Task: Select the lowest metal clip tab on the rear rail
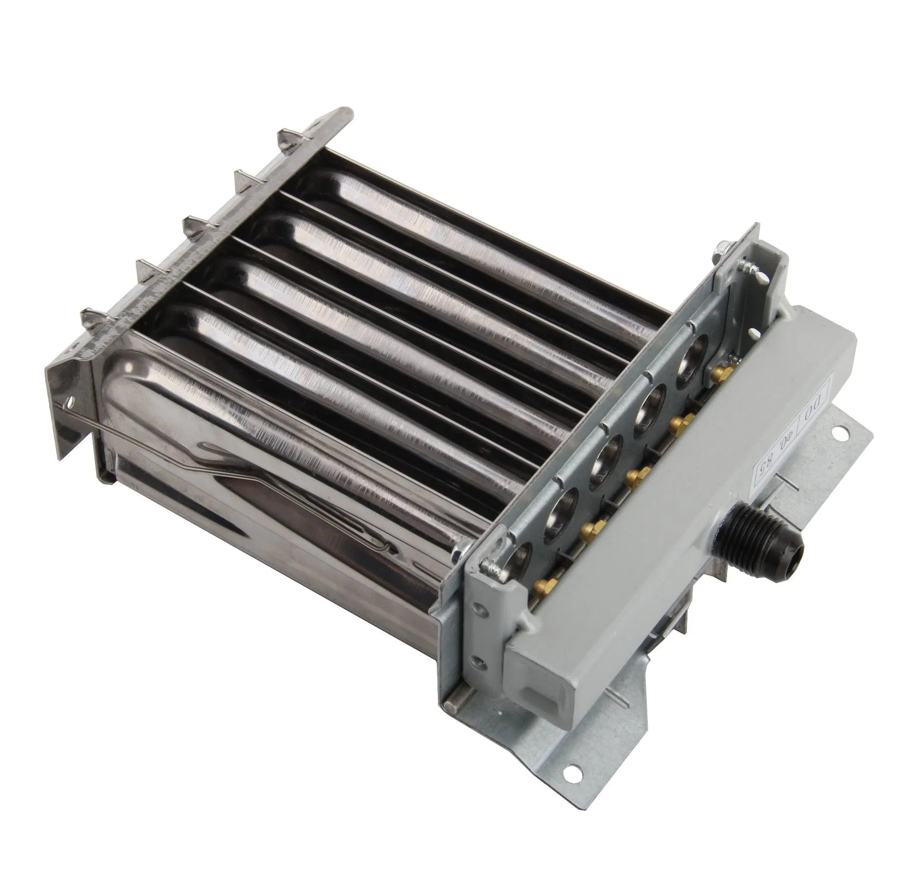pyautogui.click(x=92, y=317)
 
